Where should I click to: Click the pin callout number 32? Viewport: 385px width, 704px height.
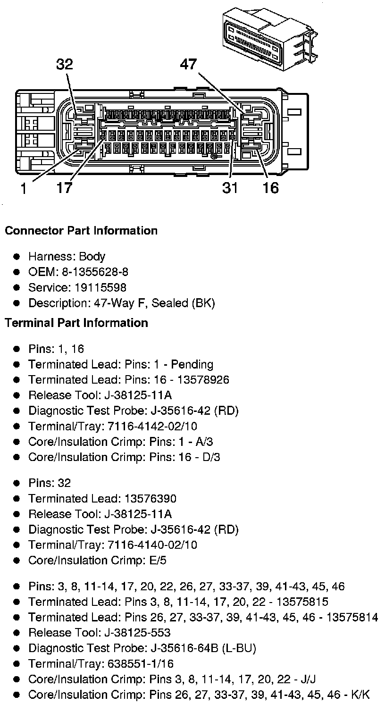[65, 65]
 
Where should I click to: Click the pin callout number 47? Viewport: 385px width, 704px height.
[188, 65]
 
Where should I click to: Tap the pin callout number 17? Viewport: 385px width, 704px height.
[65, 188]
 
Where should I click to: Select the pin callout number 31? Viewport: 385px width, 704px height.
[230, 188]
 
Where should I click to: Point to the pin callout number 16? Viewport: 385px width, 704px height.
[270, 188]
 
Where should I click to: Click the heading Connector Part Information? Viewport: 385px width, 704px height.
[81, 231]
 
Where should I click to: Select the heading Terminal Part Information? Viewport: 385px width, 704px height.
[76, 323]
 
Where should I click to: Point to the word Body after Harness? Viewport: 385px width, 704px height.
[92, 257]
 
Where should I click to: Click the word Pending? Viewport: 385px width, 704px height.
[192, 364]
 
